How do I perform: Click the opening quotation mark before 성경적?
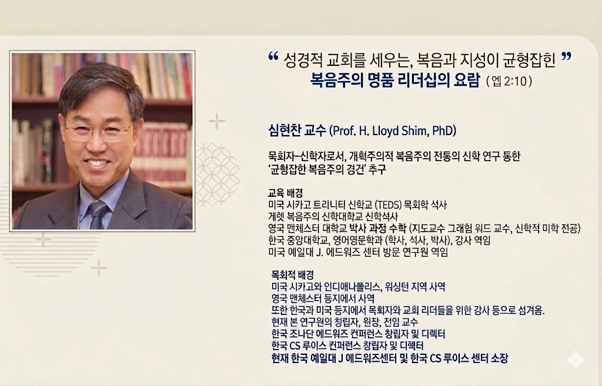pyautogui.click(x=273, y=56)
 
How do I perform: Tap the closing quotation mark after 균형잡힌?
pyautogui.click(x=566, y=56)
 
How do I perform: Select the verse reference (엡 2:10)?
pyautogui.click(x=509, y=81)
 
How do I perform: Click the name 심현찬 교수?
pyautogui.click(x=297, y=131)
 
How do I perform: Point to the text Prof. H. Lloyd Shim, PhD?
pyautogui.click(x=393, y=131)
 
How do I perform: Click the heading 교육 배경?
pyautogui.click(x=285, y=193)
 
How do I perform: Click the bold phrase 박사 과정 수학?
pyautogui.click(x=377, y=229)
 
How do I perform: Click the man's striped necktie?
pyautogui.click(x=98, y=215)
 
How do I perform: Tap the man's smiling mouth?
pyautogui.click(x=98, y=164)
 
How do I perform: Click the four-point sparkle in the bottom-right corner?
pyautogui.click(x=576, y=360)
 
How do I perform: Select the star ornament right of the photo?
pyautogui.click(x=217, y=121)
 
